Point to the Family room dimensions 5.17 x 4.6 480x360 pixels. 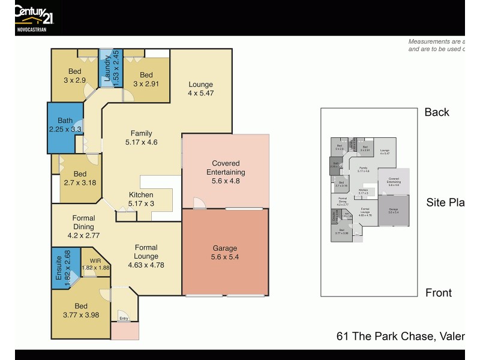tap(141, 142)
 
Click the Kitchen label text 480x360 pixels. tap(141, 195)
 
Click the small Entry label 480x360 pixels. tap(124, 318)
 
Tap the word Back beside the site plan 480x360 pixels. tap(437, 112)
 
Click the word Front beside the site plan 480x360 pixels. tap(438, 293)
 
